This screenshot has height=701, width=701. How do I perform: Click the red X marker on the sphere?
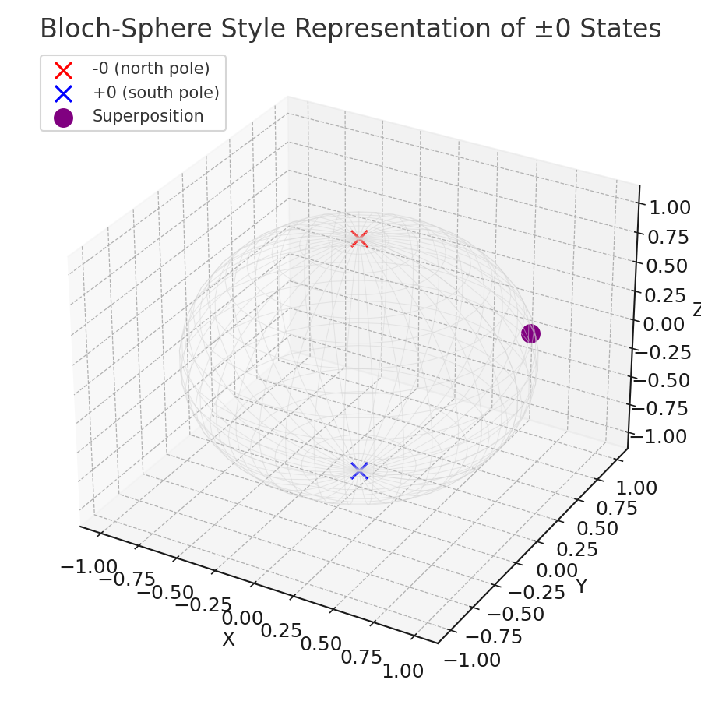pyautogui.click(x=359, y=239)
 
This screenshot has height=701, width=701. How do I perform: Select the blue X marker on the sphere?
pyautogui.click(x=359, y=470)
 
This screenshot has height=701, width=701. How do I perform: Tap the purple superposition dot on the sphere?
pyautogui.click(x=530, y=333)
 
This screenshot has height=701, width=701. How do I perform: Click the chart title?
pyautogui.click(x=350, y=29)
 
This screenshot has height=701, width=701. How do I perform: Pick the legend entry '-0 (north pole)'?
pyautogui.click(x=151, y=69)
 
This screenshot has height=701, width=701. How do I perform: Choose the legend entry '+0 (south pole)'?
pyautogui.click(x=156, y=93)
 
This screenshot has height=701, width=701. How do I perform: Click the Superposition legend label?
pyautogui.click(x=148, y=116)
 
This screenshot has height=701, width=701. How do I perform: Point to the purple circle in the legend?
pyautogui.click(x=64, y=118)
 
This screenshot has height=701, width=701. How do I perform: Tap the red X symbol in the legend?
pyautogui.click(x=64, y=70)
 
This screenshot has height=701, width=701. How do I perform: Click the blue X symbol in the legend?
pyautogui.click(x=64, y=94)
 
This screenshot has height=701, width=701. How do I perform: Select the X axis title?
pyautogui.click(x=228, y=639)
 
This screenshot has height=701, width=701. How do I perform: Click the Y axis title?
pyautogui.click(x=581, y=586)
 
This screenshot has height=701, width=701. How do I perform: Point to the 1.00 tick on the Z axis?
pyautogui.click(x=669, y=208)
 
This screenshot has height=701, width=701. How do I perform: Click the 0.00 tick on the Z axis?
pyautogui.click(x=664, y=325)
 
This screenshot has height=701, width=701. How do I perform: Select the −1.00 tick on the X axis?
pyautogui.click(x=89, y=566)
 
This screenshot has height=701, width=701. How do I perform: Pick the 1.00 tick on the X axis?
pyautogui.click(x=403, y=671)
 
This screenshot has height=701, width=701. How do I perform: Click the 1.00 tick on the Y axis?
pyautogui.click(x=636, y=488)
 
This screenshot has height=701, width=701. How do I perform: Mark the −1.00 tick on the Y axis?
pyautogui.click(x=472, y=660)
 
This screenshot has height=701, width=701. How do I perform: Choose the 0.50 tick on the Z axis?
pyautogui.click(x=667, y=266)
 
